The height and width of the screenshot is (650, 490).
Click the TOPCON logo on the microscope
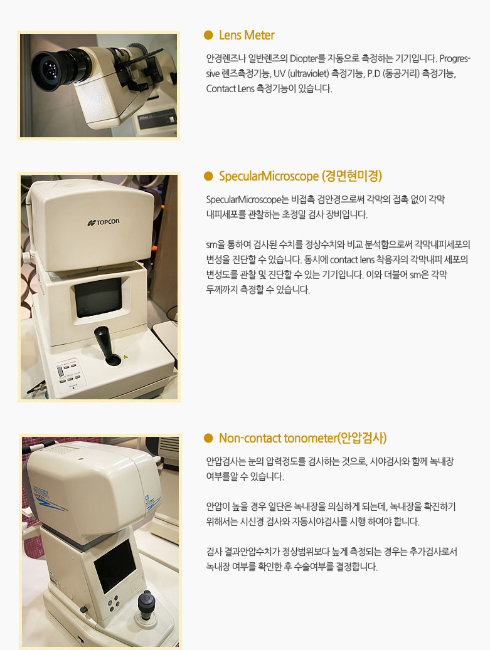(104, 222)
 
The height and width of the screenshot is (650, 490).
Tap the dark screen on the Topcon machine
(99, 297)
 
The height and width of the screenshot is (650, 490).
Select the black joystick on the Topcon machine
(106, 345)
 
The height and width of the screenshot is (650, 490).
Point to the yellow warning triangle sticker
(125, 357)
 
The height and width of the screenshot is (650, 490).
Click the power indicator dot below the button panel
(73, 388)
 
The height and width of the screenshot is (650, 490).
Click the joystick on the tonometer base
(146, 604)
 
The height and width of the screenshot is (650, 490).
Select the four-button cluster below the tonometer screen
(114, 604)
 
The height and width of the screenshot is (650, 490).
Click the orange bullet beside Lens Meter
(208, 35)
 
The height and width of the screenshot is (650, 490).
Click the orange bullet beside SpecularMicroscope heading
(208, 176)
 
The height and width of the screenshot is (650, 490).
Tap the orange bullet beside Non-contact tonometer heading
(208, 438)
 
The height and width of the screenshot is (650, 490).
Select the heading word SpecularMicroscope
(269, 176)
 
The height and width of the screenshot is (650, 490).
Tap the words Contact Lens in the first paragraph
(230, 89)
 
